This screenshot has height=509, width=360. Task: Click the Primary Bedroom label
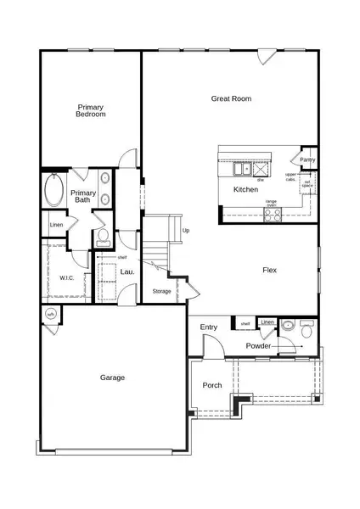click(x=91, y=110)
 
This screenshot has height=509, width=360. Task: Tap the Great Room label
click(x=232, y=99)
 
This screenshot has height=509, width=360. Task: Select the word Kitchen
click(x=245, y=189)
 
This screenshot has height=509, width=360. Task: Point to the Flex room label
click(x=270, y=271)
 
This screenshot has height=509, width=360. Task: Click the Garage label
click(x=112, y=378)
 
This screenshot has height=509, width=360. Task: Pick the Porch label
click(x=212, y=385)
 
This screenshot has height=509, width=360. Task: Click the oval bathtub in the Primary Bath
click(x=53, y=191)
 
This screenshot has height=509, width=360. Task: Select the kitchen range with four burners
click(x=273, y=215)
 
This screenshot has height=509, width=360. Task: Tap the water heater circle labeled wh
click(x=50, y=315)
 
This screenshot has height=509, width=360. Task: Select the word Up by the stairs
click(x=186, y=231)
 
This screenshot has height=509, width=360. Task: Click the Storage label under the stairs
click(x=161, y=291)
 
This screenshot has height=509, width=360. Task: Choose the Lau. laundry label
click(x=127, y=271)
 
